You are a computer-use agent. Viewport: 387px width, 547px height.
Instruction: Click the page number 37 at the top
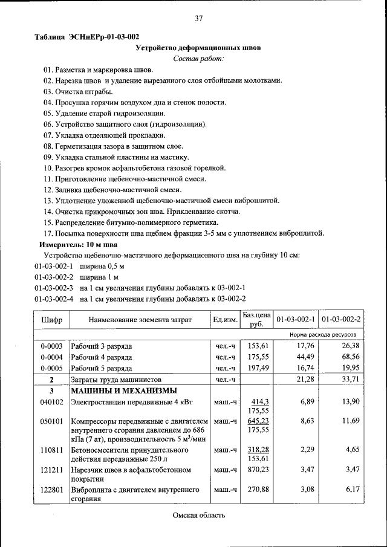198,19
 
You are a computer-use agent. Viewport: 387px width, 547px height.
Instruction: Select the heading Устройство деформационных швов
198,48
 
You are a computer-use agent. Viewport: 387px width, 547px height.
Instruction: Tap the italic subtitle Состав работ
198,59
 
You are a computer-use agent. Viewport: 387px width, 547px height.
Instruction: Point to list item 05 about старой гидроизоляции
104,113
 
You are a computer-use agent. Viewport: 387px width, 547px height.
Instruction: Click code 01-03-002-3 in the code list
54,288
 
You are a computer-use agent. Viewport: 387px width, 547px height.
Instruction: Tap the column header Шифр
51,319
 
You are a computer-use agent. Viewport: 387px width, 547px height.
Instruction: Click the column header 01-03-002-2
341,319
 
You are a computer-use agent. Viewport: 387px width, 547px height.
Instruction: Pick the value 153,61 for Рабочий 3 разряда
258,346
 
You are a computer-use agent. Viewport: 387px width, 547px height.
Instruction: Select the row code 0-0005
51,368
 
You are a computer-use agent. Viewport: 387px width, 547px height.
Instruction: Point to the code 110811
51,450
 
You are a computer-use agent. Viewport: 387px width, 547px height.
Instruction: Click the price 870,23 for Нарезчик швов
258,469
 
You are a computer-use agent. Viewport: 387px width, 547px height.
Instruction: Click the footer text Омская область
198,515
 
